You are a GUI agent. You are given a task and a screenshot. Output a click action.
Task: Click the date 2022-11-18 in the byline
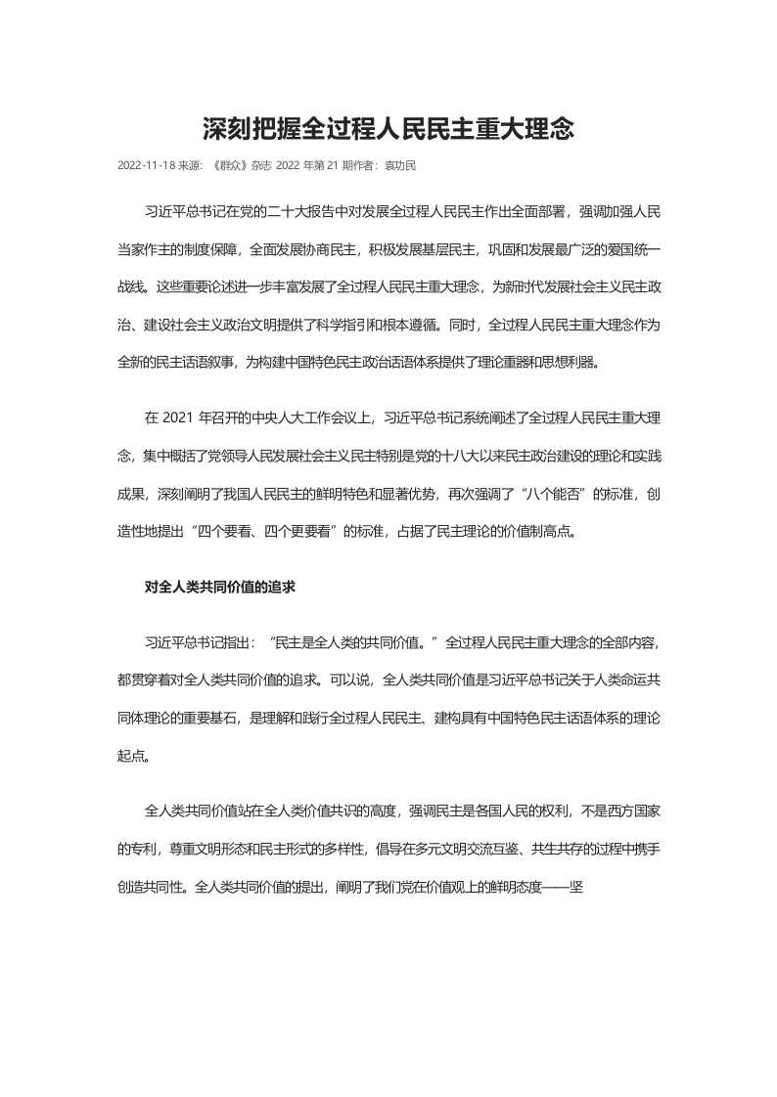(145, 165)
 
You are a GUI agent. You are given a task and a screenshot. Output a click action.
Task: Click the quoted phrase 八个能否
(568, 495)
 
